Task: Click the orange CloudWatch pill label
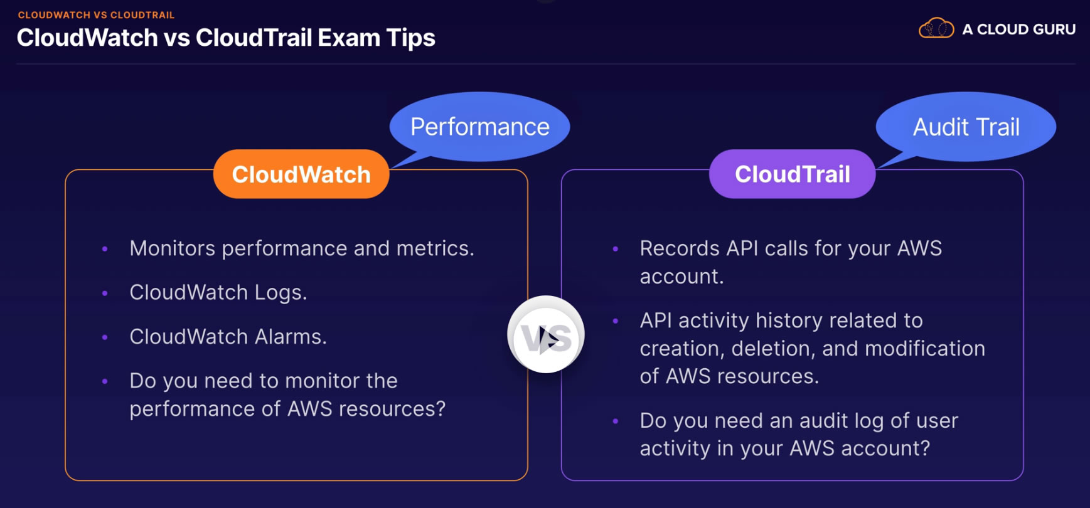301,174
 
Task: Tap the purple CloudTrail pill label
792,174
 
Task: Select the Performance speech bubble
480,127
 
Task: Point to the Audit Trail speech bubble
966,127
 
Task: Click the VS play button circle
546,334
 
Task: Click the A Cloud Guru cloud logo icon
936,28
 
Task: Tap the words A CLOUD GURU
1019,29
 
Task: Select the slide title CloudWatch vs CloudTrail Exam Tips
226,38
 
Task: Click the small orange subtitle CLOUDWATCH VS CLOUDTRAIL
96,14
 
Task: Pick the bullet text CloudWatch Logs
218,292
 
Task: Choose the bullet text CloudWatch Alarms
228,337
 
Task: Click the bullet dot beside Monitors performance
105,249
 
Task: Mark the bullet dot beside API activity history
616,321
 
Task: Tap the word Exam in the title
349,38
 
